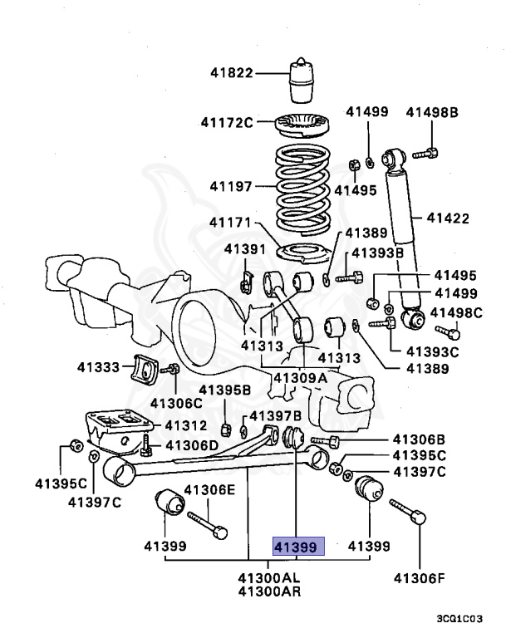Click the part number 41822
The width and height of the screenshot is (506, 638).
[x=230, y=73]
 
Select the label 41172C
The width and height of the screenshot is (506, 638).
[x=226, y=123]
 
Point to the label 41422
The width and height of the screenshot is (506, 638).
[x=448, y=218]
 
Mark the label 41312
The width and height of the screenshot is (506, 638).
[x=185, y=425]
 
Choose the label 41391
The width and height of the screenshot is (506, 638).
[x=244, y=248]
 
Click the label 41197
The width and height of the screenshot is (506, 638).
[x=230, y=187]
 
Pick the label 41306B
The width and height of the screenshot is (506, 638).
[x=420, y=439]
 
